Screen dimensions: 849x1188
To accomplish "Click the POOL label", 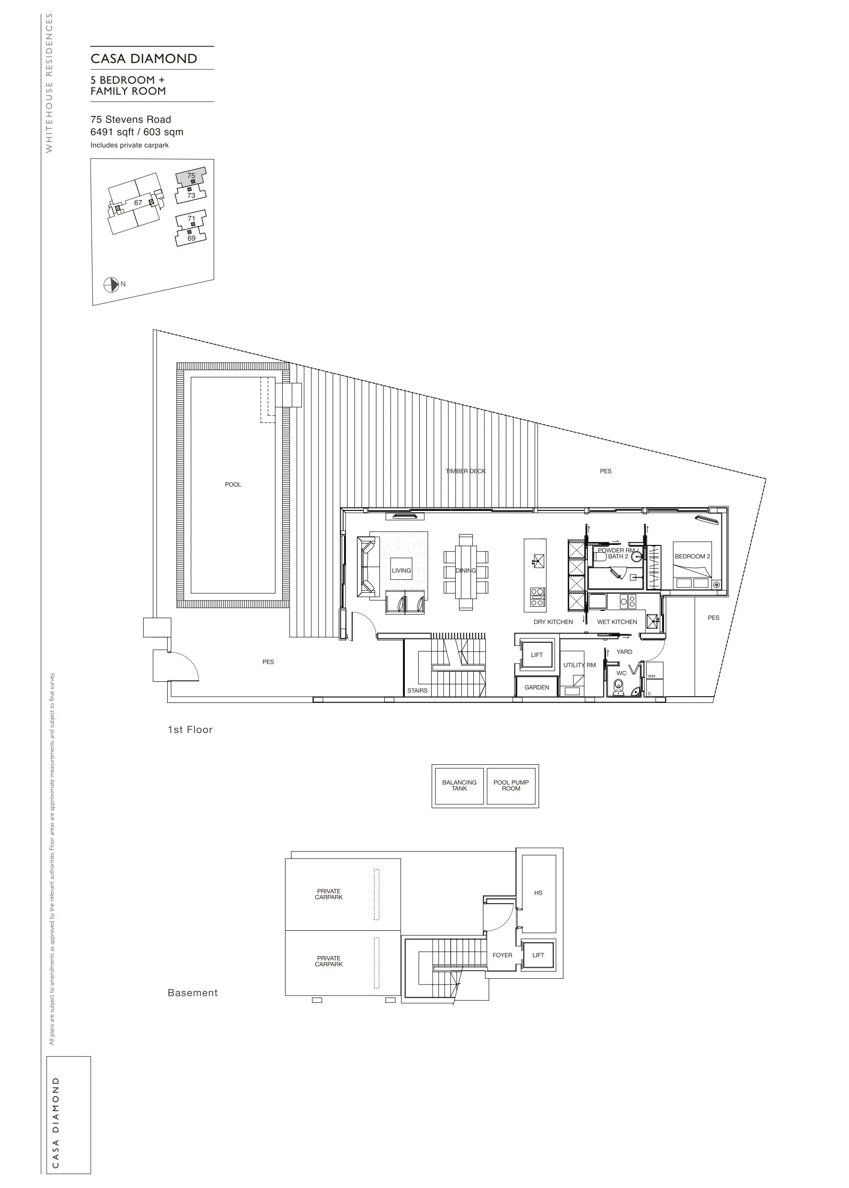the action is pos(233,484).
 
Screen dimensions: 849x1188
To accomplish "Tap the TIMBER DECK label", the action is pos(465,471).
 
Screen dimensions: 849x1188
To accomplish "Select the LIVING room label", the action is pos(402,570).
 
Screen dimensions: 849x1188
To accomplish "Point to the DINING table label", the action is pos(465,570).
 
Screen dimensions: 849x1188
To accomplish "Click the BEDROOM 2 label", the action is pos(692,556).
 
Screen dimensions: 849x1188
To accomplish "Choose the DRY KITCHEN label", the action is pos(553,622).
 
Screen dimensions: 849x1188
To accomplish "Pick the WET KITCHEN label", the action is pos(617,622).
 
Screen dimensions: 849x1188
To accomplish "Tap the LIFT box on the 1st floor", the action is pos(537,655).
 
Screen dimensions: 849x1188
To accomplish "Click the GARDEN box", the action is pos(537,687).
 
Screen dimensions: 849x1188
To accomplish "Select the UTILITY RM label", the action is pos(579,665).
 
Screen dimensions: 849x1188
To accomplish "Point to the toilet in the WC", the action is pos(619,687).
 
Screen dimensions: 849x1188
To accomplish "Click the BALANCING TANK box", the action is pos(459,786).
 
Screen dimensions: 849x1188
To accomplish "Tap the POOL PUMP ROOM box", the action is pos(511,786).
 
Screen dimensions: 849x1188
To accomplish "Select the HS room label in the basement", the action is pos(539,893).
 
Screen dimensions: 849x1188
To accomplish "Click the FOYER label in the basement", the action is pos(503,955).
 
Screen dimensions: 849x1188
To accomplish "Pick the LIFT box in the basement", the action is pos(539,955).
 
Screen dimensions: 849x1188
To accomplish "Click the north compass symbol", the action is pos(111,285).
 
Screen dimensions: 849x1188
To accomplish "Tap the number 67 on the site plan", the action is pos(138,203).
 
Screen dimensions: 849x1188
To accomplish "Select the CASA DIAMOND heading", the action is pos(144,58).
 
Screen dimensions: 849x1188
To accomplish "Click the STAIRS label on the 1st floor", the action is pos(417,690).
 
